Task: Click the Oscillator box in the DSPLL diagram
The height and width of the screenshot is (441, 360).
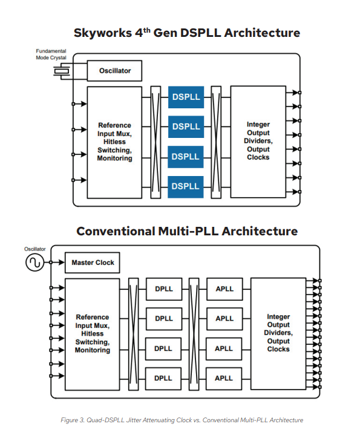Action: tap(114, 71)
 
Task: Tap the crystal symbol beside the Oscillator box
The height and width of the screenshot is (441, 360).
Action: tap(62, 71)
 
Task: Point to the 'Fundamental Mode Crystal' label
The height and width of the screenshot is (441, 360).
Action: tap(51, 54)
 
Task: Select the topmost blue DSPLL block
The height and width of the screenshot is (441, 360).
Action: tap(186, 97)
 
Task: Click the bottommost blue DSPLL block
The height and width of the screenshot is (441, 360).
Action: tap(186, 187)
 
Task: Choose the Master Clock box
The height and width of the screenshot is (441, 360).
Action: tap(92, 263)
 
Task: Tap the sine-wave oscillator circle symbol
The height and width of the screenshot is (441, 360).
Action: tap(35, 263)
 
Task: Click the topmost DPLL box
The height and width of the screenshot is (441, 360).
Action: tap(164, 289)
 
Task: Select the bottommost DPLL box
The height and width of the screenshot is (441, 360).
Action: tap(163, 379)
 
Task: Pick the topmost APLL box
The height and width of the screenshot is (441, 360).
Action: tap(224, 289)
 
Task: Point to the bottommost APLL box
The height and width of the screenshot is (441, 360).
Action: tap(224, 379)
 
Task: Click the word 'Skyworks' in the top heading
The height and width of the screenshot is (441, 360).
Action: tap(103, 33)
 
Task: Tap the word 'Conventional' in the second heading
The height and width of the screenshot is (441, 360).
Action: tap(116, 232)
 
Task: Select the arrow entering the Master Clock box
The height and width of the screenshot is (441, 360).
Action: tap(57, 263)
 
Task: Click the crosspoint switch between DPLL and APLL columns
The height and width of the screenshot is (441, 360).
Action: tap(194, 334)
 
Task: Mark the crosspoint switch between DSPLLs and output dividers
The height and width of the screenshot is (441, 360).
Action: tap(216, 142)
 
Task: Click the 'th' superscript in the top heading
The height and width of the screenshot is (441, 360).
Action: tap(146, 30)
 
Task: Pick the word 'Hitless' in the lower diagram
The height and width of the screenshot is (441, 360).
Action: tap(92, 333)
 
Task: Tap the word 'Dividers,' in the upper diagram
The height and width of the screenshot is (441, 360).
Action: tap(258, 140)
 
